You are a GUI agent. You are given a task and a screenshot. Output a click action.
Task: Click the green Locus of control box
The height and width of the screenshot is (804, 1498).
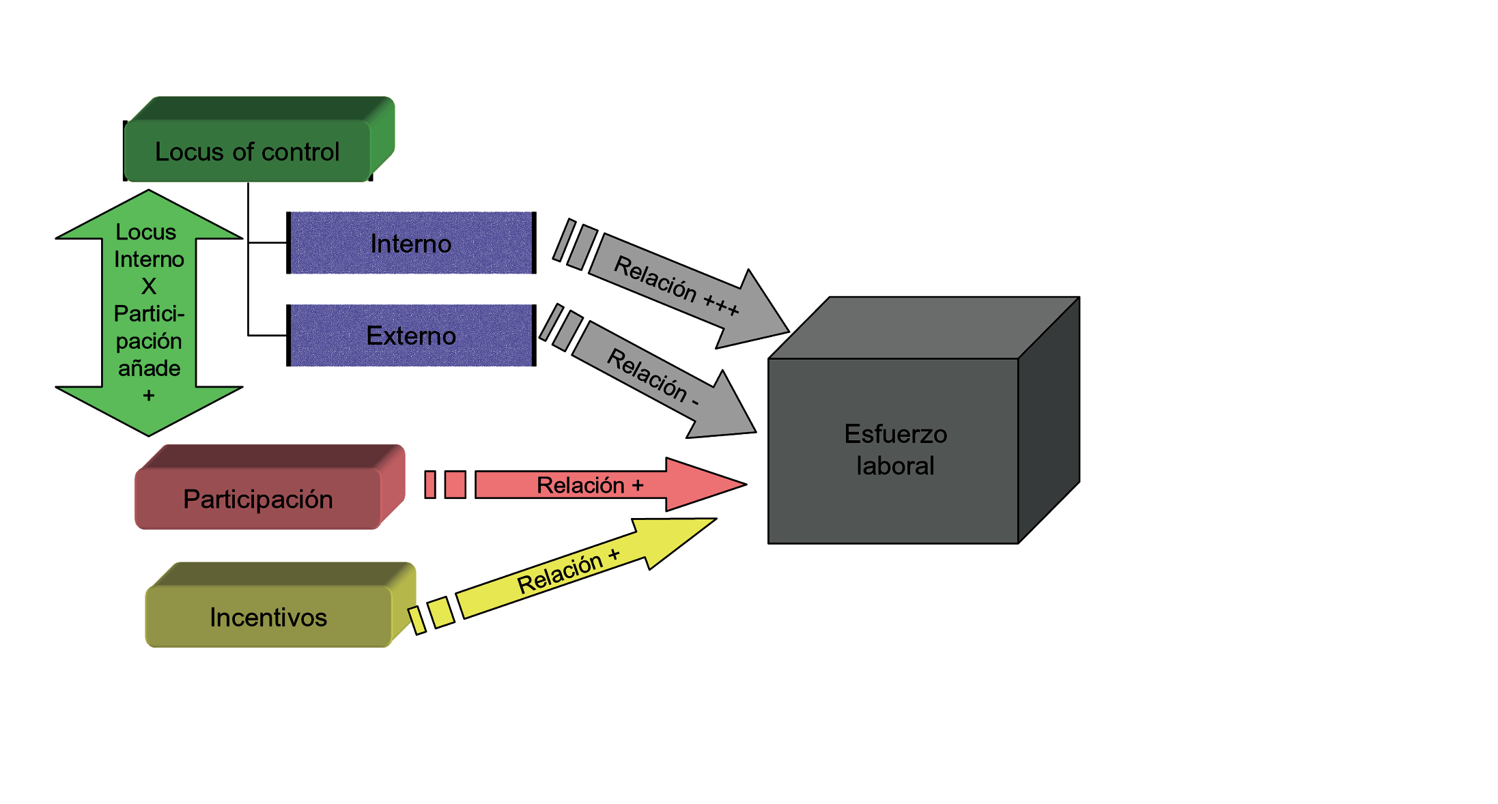tap(247, 151)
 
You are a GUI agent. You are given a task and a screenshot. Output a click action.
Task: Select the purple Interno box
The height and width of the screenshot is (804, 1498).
tap(411, 244)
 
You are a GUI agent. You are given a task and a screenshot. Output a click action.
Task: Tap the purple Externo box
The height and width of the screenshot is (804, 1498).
tap(411, 336)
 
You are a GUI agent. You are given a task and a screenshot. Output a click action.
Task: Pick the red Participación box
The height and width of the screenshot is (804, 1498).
tap(258, 499)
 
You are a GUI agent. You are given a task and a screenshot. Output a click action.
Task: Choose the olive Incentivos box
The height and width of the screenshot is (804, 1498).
tap(268, 617)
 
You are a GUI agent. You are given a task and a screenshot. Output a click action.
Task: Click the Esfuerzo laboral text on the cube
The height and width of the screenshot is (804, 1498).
tap(895, 450)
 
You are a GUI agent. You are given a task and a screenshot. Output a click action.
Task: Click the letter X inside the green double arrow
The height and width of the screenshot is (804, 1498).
tap(149, 286)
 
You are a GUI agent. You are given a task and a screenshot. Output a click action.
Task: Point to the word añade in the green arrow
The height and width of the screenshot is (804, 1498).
tap(149, 369)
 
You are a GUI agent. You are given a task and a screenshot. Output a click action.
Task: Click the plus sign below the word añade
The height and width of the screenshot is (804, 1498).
tap(149, 395)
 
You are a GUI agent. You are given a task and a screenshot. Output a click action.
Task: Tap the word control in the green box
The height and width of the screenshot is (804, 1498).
tap(306, 152)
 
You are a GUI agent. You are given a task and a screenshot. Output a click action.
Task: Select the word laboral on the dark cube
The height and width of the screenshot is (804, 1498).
tap(895, 466)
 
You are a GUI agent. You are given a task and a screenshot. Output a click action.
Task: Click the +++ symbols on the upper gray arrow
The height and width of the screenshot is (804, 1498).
tap(721, 304)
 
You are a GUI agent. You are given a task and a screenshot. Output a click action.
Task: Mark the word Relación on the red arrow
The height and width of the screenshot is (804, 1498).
tap(580, 485)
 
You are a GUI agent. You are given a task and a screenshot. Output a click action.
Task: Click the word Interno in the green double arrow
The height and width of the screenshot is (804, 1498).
tap(149, 259)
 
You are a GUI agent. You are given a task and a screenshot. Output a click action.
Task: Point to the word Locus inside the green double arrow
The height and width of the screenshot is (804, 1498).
tap(146, 232)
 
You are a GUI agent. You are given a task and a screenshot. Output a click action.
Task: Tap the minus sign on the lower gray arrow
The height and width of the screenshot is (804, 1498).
tap(695, 403)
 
